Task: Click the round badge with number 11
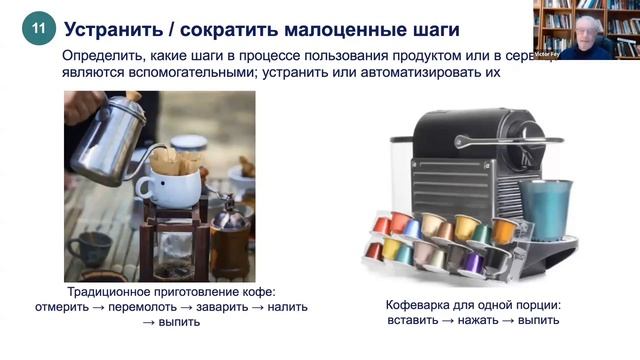point(38,30)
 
